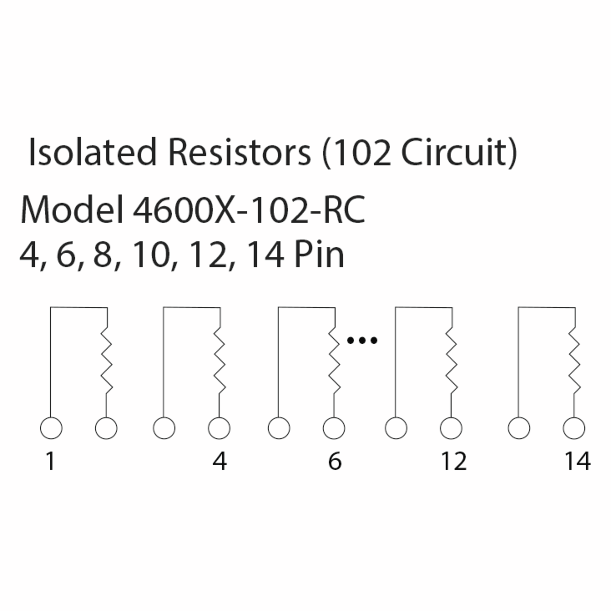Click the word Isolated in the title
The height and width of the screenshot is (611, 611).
coord(93,152)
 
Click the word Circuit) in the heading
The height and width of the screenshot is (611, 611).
coord(459,153)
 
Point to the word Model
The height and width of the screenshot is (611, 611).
coord(72,210)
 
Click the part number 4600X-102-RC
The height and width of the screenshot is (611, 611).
coord(249,210)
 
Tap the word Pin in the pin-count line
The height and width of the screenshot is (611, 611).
coord(319,255)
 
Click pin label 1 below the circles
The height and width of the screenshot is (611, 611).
coord(51,461)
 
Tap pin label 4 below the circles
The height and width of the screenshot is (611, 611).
coord(219,461)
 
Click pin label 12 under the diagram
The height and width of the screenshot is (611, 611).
coord(453,461)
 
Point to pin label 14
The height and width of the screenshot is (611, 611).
coord(577,461)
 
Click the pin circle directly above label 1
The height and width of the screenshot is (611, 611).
coord(51,428)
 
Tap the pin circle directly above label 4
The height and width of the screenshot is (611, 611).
coord(219,428)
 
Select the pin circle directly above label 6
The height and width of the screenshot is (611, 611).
coord(334,428)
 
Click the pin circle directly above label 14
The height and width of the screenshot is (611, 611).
coord(574,428)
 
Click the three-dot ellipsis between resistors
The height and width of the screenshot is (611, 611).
coord(362,341)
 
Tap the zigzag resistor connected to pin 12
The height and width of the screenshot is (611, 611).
coord(451,360)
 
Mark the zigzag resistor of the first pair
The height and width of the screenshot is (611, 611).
coord(107,360)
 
